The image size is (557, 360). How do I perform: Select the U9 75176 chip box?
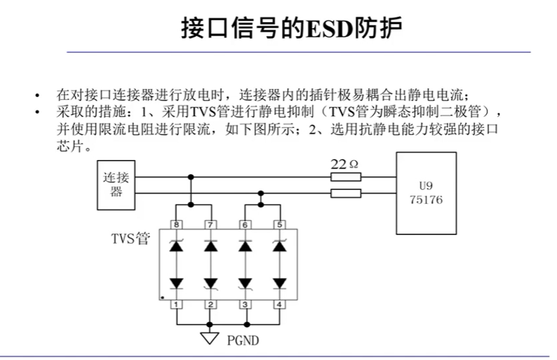(x=426, y=193)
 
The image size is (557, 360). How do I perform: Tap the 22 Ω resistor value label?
(x=345, y=164)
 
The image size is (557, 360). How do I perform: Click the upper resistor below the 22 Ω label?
(x=346, y=177)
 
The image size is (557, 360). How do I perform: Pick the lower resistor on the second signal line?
(x=346, y=193)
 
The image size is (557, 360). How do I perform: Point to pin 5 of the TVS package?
(x=278, y=225)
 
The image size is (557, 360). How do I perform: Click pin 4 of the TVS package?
(x=278, y=305)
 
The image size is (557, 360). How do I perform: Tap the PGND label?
(x=243, y=341)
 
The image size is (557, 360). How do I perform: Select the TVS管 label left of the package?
(x=131, y=239)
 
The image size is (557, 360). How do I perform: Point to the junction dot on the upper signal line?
(x=191, y=177)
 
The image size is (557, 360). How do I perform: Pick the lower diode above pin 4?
(x=278, y=282)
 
